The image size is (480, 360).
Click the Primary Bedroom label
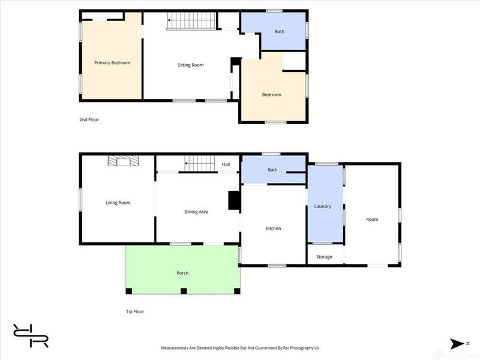point(112,63)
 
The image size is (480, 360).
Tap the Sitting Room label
point(190,65)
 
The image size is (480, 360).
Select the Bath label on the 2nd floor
point(280,32)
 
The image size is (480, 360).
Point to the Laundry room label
point(323,206)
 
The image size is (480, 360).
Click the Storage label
point(324,257)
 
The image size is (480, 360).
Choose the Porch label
point(182,273)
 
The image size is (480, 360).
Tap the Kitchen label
point(273,229)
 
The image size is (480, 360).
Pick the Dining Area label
point(196,212)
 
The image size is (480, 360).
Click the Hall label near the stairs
point(226,164)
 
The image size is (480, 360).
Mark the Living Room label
point(118,203)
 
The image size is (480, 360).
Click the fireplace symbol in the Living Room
point(124,161)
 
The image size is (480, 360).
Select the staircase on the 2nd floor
point(191,21)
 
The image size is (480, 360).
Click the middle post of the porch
point(184,291)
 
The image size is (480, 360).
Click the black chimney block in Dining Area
point(234,200)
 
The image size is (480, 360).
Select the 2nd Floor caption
point(89,119)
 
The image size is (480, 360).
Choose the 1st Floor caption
point(135,311)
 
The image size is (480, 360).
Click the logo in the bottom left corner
point(31,335)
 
